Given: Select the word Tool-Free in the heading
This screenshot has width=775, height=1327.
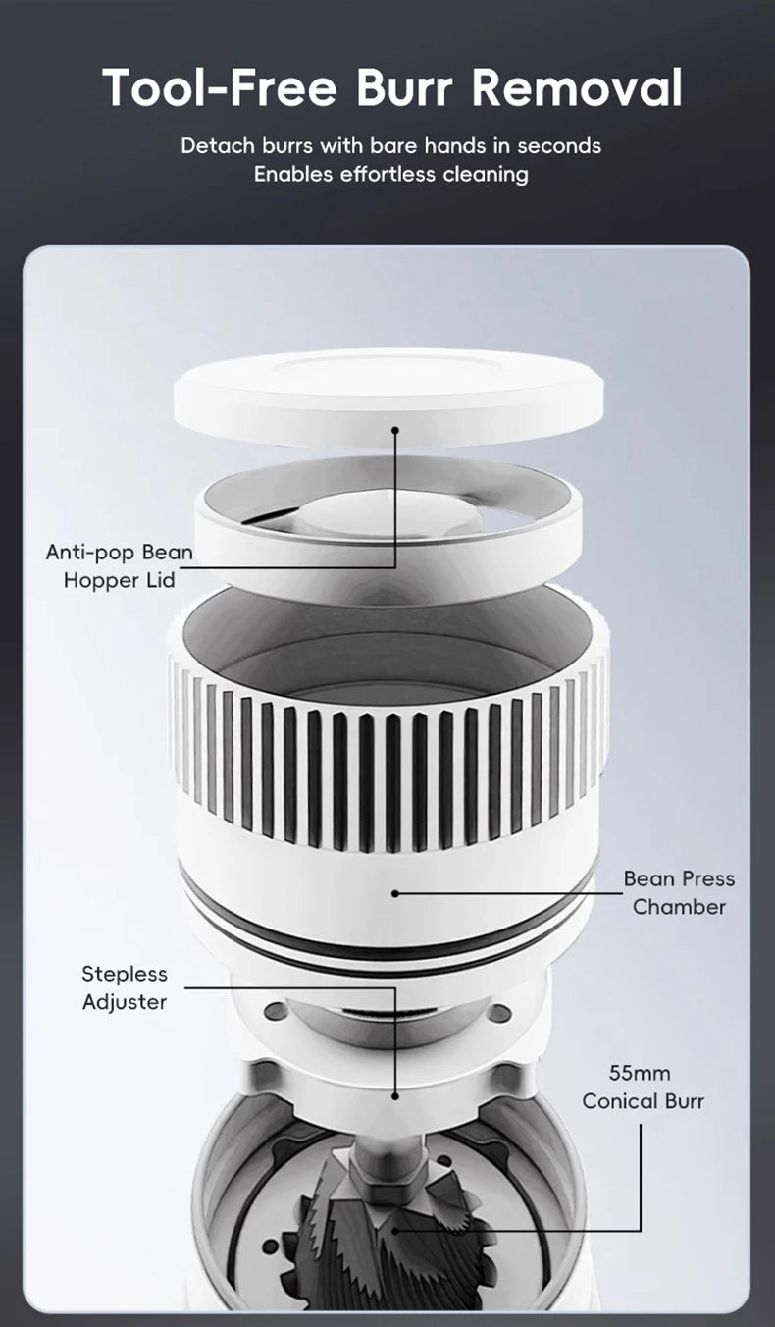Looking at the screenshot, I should click(221, 88).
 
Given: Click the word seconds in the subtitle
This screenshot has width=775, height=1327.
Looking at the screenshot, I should click(559, 146).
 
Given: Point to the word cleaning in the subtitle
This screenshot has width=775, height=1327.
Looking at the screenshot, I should click(485, 175).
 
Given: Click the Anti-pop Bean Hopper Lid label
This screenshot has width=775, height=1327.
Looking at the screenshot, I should click(120, 565).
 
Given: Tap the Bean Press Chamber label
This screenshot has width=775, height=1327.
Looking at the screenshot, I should click(679, 892).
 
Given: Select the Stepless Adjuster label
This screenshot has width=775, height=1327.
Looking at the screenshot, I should click(125, 987).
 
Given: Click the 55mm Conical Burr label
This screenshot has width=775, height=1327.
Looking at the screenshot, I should click(643, 1087).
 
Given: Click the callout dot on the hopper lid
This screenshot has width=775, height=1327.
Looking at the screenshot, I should click(396, 429).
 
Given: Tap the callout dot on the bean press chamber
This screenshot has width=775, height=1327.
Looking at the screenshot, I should click(396, 893).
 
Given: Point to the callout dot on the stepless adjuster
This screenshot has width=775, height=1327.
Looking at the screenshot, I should click(396, 1095).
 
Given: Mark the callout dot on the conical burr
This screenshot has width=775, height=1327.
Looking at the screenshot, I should click(396, 1228).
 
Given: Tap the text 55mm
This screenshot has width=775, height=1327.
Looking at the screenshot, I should click(640, 1073).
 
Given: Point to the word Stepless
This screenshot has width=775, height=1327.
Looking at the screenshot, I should click(125, 974).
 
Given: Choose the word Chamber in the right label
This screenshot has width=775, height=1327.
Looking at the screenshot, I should click(679, 906).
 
